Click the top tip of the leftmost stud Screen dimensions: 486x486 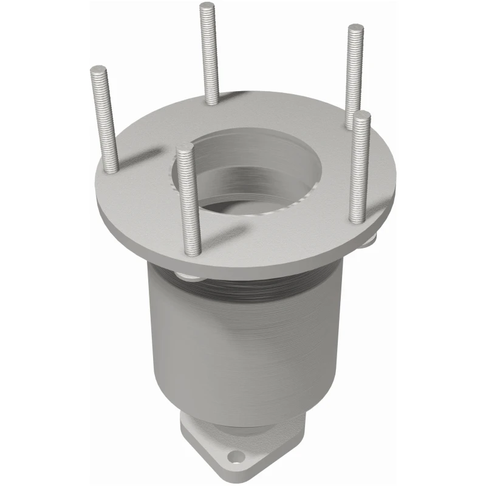98,69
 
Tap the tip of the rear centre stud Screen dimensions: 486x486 207,5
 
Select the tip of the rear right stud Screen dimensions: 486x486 355,27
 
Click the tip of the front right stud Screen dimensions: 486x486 363,115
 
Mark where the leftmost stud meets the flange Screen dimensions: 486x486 111,169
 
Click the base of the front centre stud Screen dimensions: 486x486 193,252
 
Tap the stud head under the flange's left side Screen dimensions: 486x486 190,277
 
